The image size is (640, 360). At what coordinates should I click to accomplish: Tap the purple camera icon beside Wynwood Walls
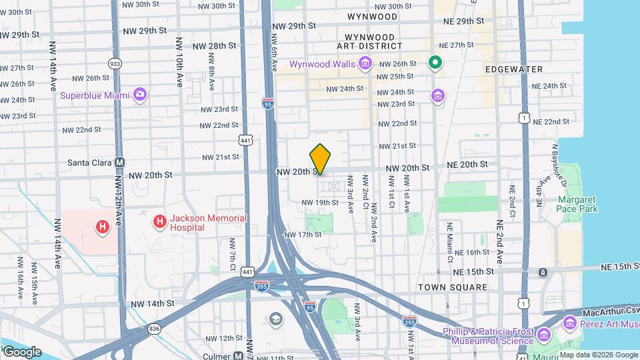coord(365,64)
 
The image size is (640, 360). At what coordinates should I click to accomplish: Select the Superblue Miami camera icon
coord(139,95)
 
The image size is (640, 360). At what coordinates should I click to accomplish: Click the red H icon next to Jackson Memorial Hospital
coord(160,222)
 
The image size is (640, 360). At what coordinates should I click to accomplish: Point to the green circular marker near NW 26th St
coord(435,63)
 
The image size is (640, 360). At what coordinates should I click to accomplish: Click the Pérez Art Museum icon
coord(569,324)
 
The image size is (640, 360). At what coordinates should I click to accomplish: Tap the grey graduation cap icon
coord(275,321)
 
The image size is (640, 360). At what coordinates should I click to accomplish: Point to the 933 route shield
coord(115,64)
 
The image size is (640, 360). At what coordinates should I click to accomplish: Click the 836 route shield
coord(155,328)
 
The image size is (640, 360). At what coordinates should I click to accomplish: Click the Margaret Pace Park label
coord(577,204)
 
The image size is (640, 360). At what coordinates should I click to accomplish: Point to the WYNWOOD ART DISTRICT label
coord(373,41)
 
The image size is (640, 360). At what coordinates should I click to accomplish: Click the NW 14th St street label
coord(152,303)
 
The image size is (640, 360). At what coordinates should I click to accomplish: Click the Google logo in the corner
coord(21,351)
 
